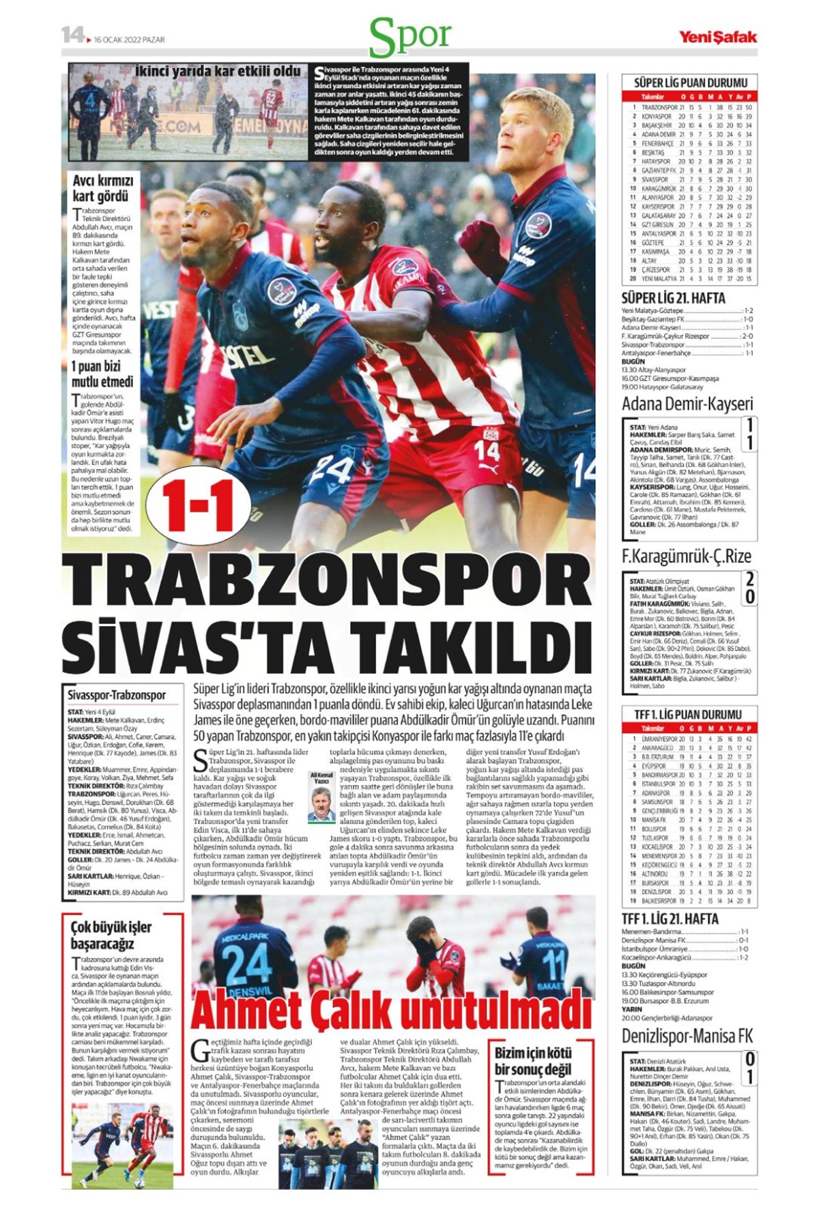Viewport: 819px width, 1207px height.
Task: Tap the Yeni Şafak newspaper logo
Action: tap(717, 37)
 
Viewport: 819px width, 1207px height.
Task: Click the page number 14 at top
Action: tap(72, 35)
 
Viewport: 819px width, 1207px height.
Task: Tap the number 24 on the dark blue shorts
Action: tap(332, 470)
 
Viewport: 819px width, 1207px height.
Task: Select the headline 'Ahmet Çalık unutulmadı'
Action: tap(390, 1011)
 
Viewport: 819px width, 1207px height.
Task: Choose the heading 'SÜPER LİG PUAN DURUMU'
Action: tap(690, 83)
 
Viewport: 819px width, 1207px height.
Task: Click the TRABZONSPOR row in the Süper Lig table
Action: tap(690, 107)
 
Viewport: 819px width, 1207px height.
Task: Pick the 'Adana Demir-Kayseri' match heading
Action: tap(687, 403)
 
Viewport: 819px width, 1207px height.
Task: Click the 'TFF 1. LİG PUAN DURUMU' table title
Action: tap(687, 714)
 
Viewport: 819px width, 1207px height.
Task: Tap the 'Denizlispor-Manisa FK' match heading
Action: tap(687, 1036)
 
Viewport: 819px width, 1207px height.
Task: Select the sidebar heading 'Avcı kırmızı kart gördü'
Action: tap(103, 188)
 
